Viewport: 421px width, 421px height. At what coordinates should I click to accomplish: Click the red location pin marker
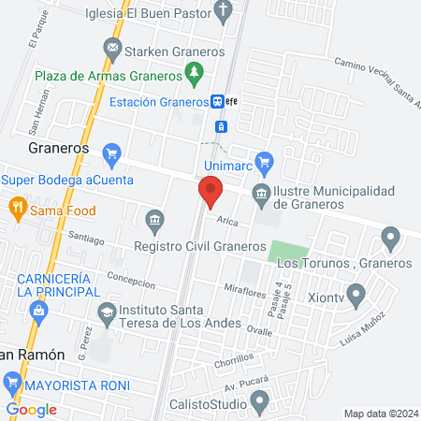point(210,192)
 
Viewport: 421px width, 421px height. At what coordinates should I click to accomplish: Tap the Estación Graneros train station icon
point(217,101)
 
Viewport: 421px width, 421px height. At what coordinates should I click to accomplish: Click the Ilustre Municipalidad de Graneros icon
point(260,196)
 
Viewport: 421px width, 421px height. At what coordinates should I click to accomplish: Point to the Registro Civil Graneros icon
point(155,221)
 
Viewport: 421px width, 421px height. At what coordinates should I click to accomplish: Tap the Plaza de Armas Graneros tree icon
point(195,70)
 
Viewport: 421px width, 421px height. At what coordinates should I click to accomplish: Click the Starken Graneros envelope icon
point(113,47)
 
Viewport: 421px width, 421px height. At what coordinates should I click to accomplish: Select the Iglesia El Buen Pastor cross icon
point(223,12)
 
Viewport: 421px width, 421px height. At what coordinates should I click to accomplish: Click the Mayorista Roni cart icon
point(12,382)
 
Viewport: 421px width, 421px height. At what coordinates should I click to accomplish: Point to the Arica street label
point(227,222)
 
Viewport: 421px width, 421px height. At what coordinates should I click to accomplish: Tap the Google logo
point(32,409)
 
